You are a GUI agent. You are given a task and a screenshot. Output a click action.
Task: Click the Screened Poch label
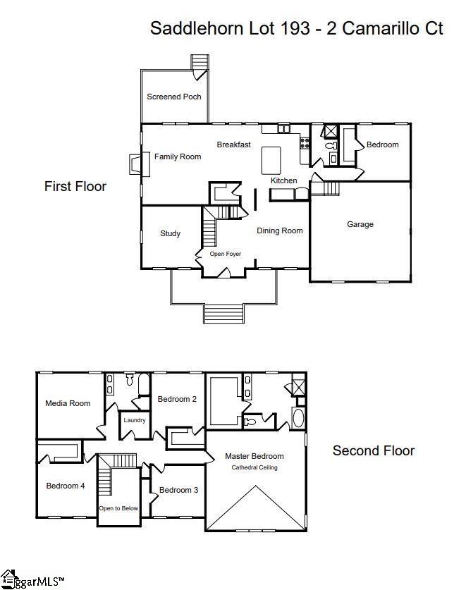pos(173,97)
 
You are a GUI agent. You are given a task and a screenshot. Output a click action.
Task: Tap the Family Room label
pos(178,156)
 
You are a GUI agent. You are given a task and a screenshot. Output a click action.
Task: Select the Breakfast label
pos(233,145)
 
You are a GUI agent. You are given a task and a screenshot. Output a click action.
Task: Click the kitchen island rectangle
pos(271,160)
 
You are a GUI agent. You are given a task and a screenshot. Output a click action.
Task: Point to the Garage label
pos(360,224)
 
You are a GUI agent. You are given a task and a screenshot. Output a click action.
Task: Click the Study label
pos(170,233)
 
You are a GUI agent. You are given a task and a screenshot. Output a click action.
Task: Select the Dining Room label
pos(279,231)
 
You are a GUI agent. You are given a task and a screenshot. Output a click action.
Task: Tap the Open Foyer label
pos(225,254)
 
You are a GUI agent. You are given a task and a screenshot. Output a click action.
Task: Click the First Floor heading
pos(75,186)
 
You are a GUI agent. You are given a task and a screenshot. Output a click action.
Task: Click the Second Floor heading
pos(374,450)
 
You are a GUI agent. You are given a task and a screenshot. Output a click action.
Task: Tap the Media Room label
pos(68,403)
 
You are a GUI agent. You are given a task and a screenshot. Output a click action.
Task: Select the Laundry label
pos(134,420)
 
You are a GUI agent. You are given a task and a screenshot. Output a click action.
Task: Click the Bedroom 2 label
pos(176,399)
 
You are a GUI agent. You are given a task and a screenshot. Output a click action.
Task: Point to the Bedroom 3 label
pos(178,490)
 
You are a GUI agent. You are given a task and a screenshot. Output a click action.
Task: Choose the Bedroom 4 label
pos(66,485)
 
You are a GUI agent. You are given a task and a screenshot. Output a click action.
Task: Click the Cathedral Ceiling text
pos(254,467)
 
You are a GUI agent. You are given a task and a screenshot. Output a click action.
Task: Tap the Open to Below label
pos(118,508)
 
